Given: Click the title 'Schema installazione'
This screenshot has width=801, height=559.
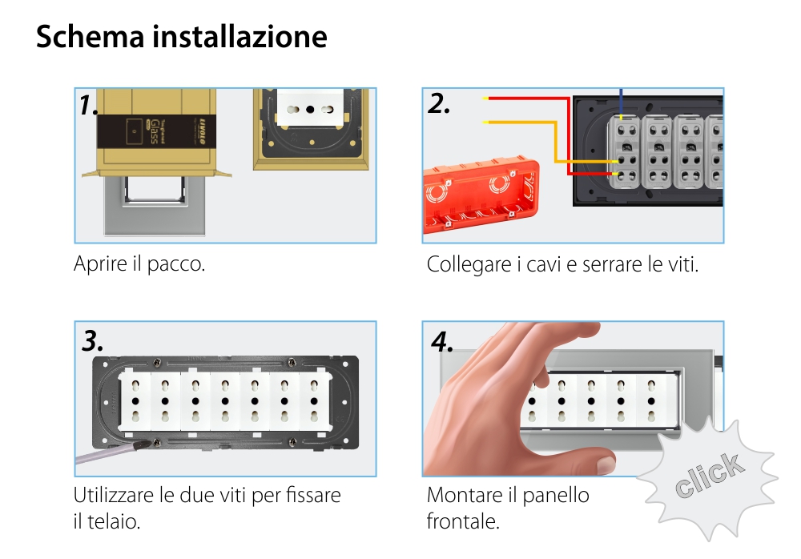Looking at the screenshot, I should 181,38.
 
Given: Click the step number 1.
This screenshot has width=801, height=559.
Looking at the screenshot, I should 89,105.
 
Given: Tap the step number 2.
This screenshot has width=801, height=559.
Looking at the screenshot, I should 439,103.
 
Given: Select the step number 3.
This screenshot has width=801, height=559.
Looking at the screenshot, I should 93,340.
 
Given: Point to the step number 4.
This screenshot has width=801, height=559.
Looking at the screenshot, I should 442,341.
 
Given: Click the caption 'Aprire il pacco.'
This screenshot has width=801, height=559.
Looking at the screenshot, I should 139,264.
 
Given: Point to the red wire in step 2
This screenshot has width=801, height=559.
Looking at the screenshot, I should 529,99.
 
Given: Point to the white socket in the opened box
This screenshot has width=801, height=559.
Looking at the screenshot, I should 310,106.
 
